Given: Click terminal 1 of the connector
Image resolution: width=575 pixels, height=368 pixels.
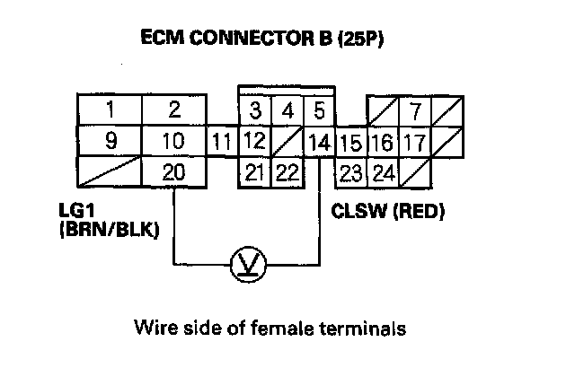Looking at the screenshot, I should click(109, 111).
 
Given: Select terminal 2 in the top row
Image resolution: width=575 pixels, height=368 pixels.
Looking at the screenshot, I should click(174, 111).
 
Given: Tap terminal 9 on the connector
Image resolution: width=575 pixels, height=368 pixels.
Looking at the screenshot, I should click(109, 142).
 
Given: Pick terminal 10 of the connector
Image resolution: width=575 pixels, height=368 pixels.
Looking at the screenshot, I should click(174, 142).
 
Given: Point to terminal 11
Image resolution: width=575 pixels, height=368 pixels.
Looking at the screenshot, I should click(223, 142).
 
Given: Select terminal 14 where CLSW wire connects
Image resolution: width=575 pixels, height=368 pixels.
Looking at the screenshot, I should click(319, 142).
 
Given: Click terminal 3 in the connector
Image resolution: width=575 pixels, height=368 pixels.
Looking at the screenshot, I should click(255, 112).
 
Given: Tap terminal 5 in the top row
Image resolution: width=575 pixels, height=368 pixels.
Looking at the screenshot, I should click(318, 112).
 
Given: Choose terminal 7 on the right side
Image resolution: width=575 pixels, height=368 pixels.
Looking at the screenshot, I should click(415, 112).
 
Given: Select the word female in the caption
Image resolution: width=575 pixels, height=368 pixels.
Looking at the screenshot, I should click(296, 328).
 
